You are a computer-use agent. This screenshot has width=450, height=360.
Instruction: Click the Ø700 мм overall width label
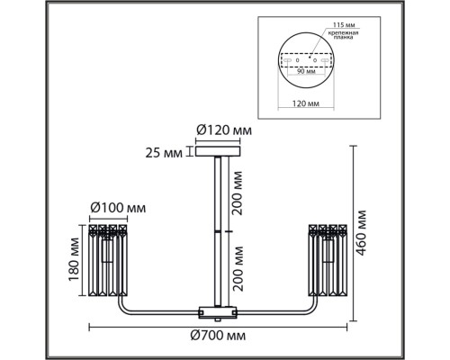[218, 336]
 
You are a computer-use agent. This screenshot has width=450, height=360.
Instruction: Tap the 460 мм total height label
[361, 233]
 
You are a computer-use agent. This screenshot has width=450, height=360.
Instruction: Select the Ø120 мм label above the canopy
[224, 130]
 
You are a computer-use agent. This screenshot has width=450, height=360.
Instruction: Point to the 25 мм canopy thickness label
[164, 153]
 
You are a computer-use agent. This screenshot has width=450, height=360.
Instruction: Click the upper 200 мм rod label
[238, 193]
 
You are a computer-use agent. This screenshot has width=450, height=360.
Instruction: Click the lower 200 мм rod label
[238, 269]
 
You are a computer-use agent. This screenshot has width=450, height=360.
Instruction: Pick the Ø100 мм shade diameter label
[118, 208]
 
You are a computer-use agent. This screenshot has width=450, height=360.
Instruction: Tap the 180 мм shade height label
[74, 259]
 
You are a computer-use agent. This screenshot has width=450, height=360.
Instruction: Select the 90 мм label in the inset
[306, 71]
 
